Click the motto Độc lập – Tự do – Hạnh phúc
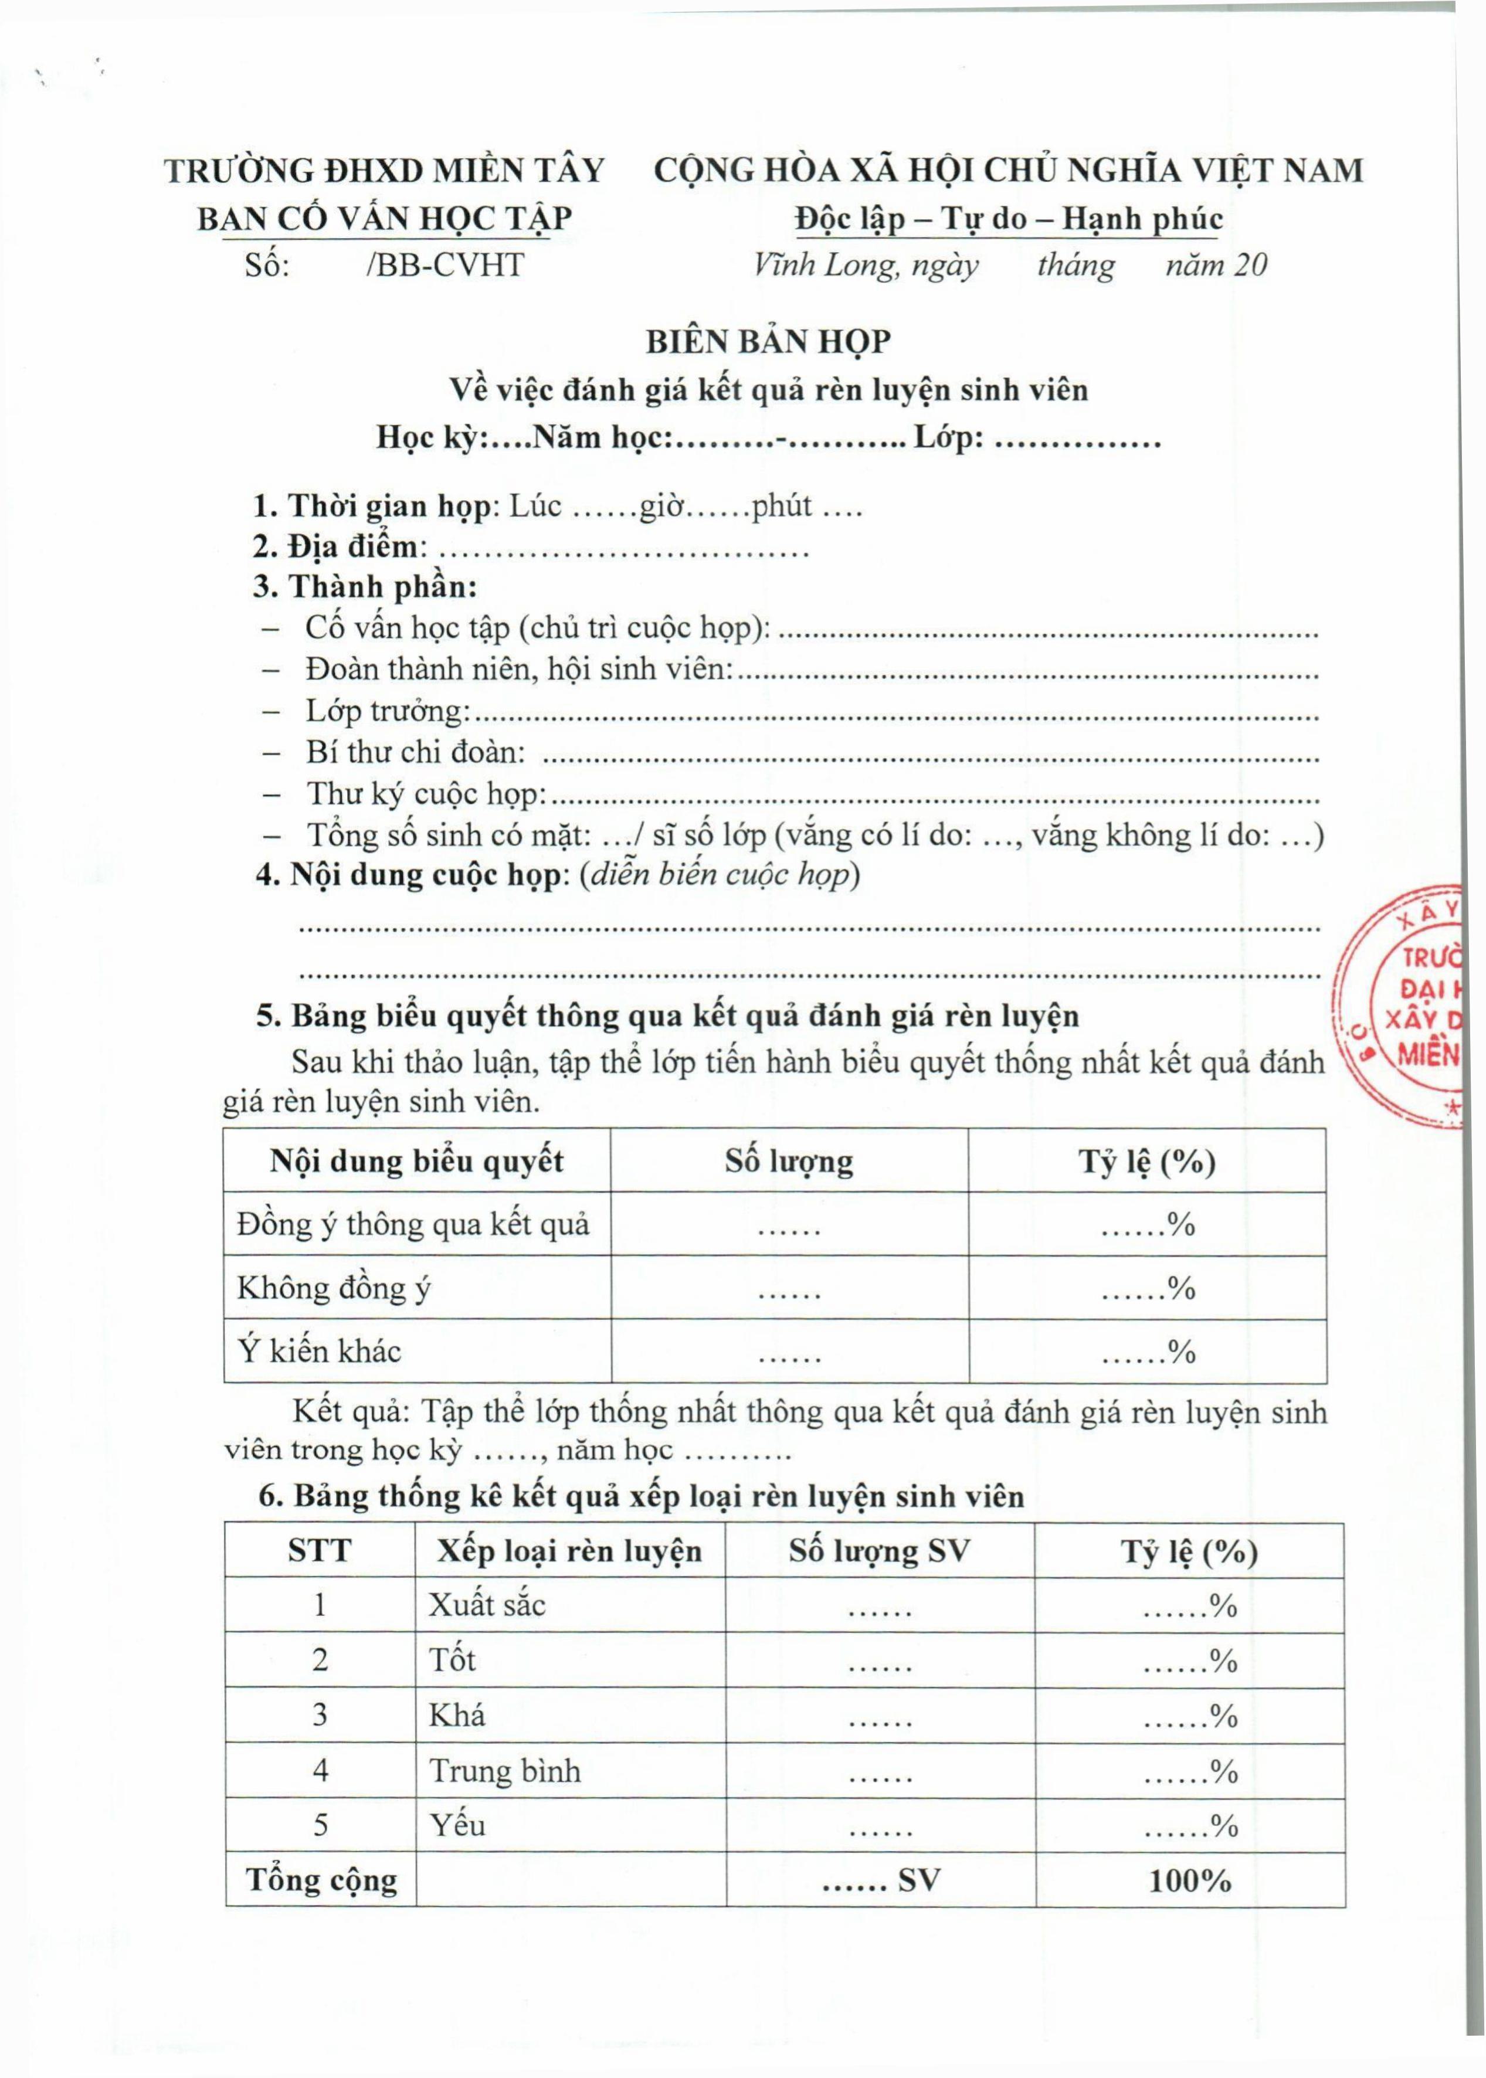(x=1009, y=219)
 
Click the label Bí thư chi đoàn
(x=415, y=752)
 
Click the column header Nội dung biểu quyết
(x=416, y=1161)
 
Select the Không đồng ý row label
(x=334, y=1288)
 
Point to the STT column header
(x=320, y=1550)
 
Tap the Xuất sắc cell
(x=487, y=1605)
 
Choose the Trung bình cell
(x=505, y=1771)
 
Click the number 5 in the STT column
(x=320, y=1825)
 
